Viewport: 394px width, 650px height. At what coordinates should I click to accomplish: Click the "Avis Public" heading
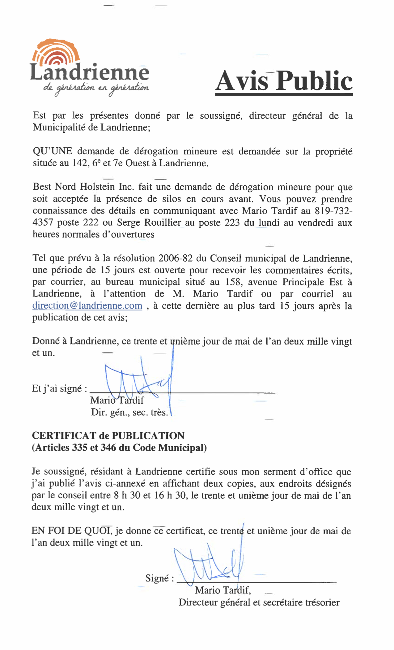284,81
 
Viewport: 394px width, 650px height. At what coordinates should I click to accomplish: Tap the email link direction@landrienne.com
87,306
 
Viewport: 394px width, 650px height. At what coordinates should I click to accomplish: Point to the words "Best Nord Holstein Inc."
83,187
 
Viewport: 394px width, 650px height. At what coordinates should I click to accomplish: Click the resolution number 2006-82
175,258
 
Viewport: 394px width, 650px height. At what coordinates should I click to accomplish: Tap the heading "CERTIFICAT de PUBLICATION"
108,436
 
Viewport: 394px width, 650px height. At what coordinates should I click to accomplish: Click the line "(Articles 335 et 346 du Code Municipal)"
119,448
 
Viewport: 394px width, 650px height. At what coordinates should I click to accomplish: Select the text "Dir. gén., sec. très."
129,413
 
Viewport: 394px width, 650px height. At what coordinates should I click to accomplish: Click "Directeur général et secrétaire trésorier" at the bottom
259,602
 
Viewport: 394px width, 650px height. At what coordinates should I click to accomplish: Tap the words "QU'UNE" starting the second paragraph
53,151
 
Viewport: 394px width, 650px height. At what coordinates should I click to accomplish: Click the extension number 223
232,223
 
